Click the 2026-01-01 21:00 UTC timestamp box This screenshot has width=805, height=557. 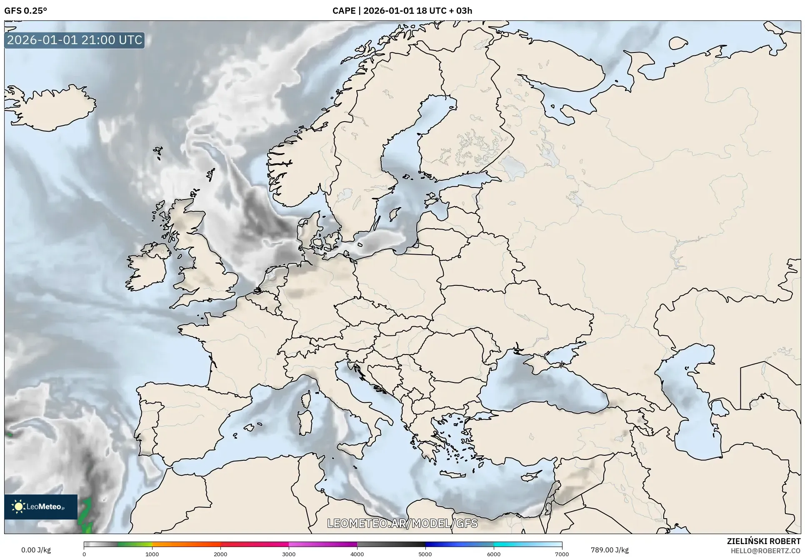click(x=75, y=40)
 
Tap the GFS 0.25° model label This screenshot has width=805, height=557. click(x=25, y=11)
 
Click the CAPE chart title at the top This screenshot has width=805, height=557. click(x=402, y=11)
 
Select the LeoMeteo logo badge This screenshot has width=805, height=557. click(x=41, y=507)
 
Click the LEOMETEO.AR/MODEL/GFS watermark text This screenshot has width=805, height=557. click(x=402, y=523)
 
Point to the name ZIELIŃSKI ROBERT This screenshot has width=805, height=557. click(x=763, y=541)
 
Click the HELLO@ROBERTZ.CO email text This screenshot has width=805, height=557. click(x=765, y=551)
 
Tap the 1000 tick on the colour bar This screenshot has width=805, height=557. click(x=152, y=554)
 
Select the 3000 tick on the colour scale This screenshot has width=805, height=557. click(x=289, y=554)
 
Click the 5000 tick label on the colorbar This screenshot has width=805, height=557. click(x=425, y=554)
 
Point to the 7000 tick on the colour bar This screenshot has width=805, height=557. click(x=562, y=554)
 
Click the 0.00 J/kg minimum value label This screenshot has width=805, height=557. click(x=36, y=550)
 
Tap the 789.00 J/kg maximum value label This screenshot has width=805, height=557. click(x=610, y=550)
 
